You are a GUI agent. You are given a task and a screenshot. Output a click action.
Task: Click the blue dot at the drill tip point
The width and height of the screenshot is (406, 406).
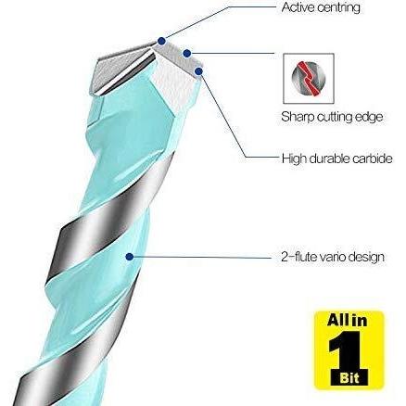161,41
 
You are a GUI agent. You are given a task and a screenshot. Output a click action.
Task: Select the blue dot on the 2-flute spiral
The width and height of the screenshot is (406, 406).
130,257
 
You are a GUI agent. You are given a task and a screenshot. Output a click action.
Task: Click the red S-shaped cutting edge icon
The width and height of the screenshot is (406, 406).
309,78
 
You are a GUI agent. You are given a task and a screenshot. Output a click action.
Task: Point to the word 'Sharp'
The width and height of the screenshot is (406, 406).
298,117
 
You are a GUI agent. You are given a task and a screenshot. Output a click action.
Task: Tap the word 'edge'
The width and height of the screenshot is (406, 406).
370,117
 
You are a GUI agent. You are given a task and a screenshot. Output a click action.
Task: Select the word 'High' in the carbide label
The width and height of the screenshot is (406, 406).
294,159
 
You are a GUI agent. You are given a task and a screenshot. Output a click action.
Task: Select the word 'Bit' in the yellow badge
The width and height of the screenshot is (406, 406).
349,378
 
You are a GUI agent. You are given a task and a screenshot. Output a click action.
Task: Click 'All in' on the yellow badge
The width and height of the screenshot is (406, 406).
348,321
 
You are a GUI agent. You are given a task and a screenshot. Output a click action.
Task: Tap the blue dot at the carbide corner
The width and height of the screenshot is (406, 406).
198,71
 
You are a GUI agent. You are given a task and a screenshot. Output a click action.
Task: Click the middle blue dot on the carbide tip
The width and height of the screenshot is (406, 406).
186,54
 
